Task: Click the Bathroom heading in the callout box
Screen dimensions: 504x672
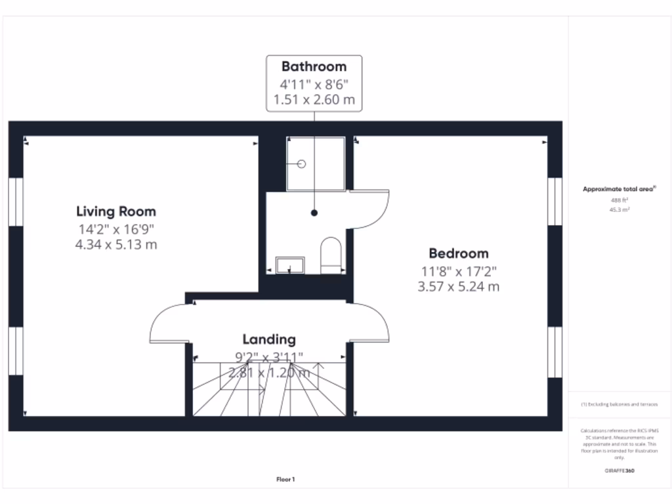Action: pos(314,66)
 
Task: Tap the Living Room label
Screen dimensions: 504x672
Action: pos(116,212)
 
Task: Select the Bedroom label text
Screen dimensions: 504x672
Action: pos(459,253)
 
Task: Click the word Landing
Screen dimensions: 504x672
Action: pos(269,339)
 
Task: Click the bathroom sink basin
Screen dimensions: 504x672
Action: pos(289,265)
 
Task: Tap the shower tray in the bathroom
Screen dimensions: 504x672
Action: pos(315,164)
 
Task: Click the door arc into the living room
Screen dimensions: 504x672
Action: pos(169,322)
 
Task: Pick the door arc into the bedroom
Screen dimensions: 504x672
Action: pos(371,322)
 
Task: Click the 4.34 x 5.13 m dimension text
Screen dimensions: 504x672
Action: pos(116,245)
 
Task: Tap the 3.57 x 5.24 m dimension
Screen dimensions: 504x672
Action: pos(459,287)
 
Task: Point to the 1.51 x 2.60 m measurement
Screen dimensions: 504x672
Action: pos(314,100)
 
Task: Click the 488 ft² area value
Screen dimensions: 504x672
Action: pos(619,200)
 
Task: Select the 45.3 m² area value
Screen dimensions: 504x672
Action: pos(619,210)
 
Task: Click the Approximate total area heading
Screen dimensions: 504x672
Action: pos(619,189)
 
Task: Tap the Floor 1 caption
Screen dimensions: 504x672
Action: pos(285,480)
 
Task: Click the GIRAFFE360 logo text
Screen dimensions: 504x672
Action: pos(619,471)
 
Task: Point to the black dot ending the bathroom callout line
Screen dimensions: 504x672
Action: pos(314,213)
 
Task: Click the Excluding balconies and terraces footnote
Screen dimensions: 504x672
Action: pos(619,405)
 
